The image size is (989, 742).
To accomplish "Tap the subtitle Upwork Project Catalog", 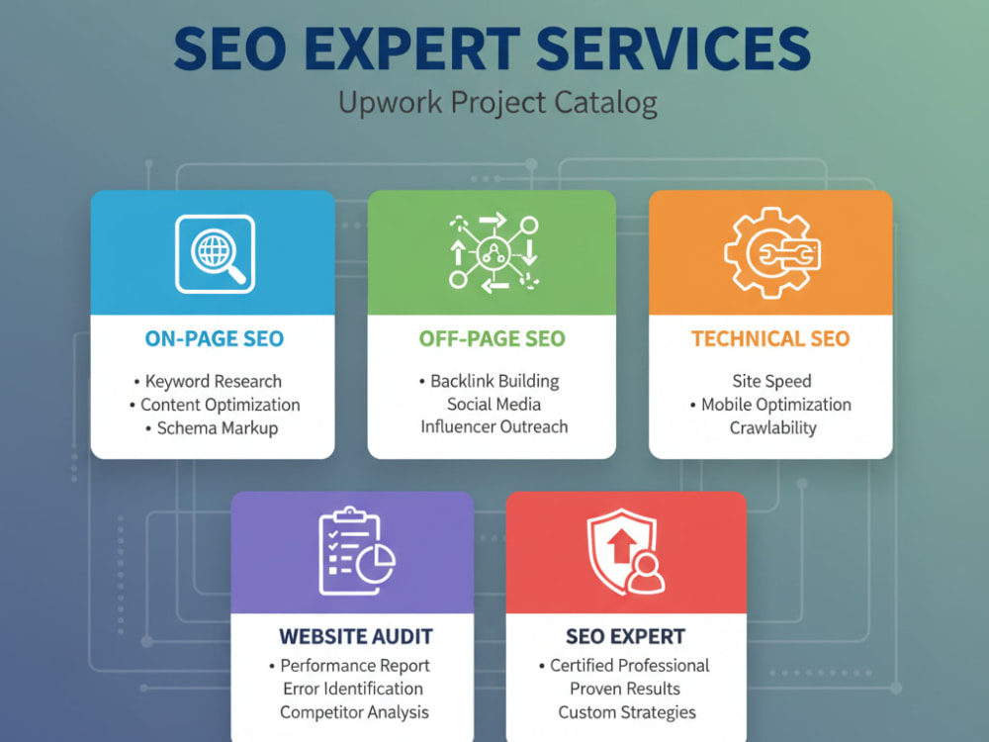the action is (x=497, y=103).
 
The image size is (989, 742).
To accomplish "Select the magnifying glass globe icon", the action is (x=215, y=253).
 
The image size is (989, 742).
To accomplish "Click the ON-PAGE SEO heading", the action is (x=215, y=338).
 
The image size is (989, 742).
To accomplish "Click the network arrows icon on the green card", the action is (x=494, y=253).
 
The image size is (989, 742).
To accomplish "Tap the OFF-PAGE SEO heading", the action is (x=492, y=338).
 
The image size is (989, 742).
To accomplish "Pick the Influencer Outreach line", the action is (x=494, y=427).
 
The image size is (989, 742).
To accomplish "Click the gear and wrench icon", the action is (x=772, y=252).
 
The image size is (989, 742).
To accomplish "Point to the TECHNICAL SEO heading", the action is (x=770, y=338).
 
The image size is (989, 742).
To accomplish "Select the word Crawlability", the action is (x=772, y=427).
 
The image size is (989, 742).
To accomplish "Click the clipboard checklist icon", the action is (x=356, y=551).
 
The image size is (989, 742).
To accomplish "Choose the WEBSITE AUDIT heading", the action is (x=356, y=636).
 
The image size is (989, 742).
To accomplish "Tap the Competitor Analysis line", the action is (x=354, y=712).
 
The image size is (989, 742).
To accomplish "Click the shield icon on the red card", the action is (x=625, y=552).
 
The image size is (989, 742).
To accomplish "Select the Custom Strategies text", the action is (x=627, y=712).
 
